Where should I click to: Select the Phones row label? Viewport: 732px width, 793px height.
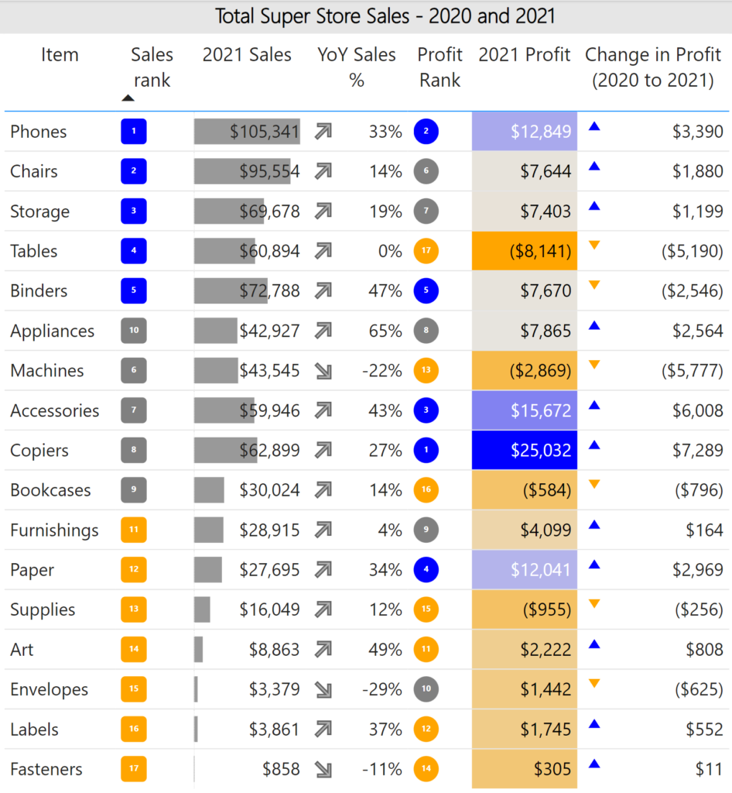point(38,132)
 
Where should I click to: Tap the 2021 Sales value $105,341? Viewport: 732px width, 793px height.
point(264,132)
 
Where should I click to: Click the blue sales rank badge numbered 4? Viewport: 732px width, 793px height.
point(134,251)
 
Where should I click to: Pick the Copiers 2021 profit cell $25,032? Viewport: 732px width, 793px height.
point(525,450)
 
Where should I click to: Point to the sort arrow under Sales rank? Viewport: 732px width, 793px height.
point(128,98)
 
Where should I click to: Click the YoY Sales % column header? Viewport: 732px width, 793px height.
point(356,67)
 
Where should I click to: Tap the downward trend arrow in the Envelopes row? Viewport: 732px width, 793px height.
point(323,689)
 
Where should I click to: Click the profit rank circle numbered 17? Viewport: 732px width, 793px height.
point(426,251)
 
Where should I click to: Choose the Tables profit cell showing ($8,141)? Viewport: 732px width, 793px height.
point(525,251)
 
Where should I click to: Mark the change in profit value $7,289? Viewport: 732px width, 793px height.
point(697,450)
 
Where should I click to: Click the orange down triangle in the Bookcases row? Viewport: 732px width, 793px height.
point(594,485)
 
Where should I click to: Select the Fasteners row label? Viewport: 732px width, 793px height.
point(46,769)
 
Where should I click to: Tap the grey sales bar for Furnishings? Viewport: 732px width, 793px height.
point(209,530)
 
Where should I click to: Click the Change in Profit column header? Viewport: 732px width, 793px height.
point(652,67)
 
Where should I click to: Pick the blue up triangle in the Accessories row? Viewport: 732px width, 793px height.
point(594,405)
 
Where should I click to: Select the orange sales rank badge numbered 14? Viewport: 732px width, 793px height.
point(134,649)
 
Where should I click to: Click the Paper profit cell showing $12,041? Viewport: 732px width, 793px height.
point(525,570)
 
